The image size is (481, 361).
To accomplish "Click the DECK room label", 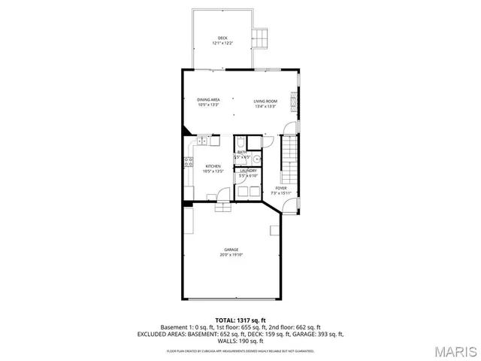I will click(x=222, y=38).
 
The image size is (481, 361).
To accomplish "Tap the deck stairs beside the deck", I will click(x=261, y=38).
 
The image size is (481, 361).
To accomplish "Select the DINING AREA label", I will click(x=208, y=100).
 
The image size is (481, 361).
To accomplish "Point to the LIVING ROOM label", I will click(x=265, y=101).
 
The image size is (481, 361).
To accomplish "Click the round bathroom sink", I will click(x=256, y=159).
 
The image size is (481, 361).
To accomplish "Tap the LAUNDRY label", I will click(x=247, y=171).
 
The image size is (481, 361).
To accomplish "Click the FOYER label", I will click(x=280, y=188).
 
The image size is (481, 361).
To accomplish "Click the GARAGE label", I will click(x=231, y=250).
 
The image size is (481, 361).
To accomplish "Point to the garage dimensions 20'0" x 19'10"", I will click(x=231, y=255).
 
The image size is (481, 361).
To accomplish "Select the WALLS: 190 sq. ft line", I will click(x=240, y=341).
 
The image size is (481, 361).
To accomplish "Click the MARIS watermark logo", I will click(x=454, y=350).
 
